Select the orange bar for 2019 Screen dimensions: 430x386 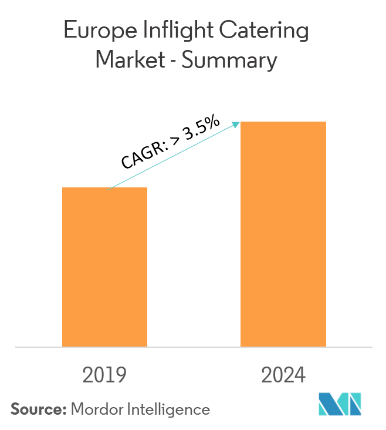click(104, 267)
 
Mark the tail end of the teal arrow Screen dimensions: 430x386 click(110, 188)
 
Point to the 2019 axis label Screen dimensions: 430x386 click(104, 375)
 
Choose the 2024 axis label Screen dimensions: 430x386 click(283, 375)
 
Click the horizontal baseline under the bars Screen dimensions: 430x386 click(193, 347)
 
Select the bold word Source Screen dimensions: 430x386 click(38, 409)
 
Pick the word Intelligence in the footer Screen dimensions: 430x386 click(170, 409)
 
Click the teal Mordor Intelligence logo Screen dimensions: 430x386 click(340, 404)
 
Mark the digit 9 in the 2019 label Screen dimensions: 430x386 click(120, 375)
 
